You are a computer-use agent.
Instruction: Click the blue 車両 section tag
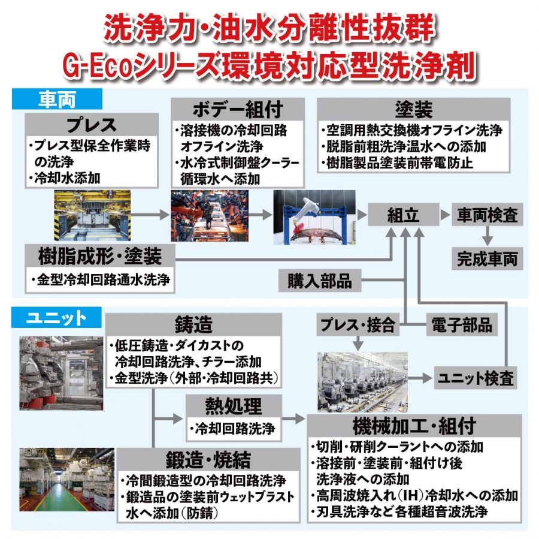pyautogui.click(x=57, y=99)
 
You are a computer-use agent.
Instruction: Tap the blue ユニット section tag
pyautogui.click(x=57, y=317)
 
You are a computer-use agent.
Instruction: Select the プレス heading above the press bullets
pyautogui.click(x=92, y=125)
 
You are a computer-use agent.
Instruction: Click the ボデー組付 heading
pyautogui.click(x=238, y=110)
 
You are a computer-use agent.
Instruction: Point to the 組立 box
pyautogui.click(x=404, y=215)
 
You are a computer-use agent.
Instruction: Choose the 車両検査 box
pyautogui.click(x=487, y=215)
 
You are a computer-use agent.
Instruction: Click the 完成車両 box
pyautogui.click(x=487, y=258)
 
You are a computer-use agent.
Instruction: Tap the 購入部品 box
pyautogui.click(x=320, y=281)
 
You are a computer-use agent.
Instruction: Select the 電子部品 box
pyautogui.click(x=462, y=324)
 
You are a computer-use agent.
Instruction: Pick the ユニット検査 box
pyautogui.click(x=476, y=378)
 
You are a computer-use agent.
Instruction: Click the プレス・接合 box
pyautogui.click(x=358, y=324)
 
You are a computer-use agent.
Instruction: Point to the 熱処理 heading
pyautogui.click(x=234, y=406)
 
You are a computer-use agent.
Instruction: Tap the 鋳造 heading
pyautogui.click(x=193, y=324)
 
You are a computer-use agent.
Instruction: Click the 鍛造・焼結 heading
pyautogui.click(x=208, y=459)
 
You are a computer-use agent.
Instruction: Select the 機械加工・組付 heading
pyautogui.click(x=414, y=426)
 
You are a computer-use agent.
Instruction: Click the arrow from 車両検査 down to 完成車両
pyautogui.click(x=487, y=236)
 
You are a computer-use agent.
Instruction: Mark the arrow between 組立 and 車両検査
pyautogui.click(x=445, y=215)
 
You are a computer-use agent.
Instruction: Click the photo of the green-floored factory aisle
pyautogui.click(x=66, y=479)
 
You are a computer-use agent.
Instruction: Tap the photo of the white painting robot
pyautogui.click(x=314, y=217)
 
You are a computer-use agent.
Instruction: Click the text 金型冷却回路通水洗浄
pyautogui.click(x=104, y=280)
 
